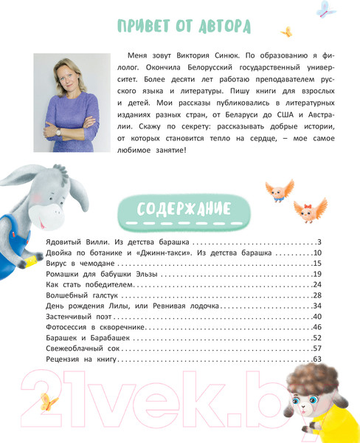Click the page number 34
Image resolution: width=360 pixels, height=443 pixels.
[316, 306]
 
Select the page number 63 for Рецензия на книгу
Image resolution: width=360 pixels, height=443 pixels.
[316, 359]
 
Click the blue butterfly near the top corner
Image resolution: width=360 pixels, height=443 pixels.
[325, 10]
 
